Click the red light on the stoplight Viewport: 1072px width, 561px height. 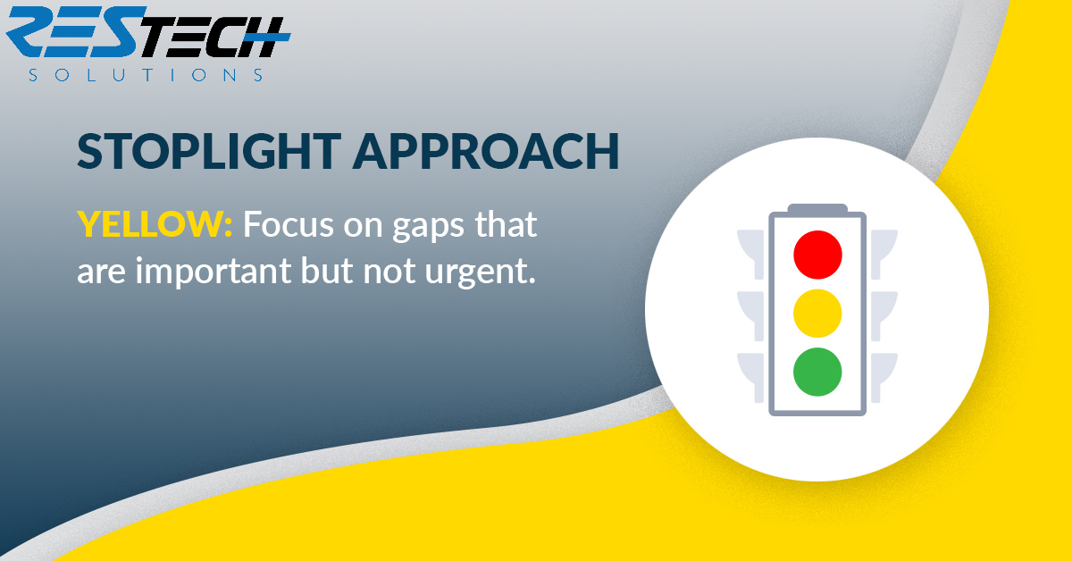coord(817,255)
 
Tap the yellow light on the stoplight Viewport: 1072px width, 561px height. coord(817,314)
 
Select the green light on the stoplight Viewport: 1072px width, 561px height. coord(817,372)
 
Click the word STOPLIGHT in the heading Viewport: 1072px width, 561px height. coord(209,151)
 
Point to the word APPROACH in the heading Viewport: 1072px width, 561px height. coord(486,151)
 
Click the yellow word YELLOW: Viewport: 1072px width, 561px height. coord(155,223)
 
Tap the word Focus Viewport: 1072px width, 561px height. coord(289,223)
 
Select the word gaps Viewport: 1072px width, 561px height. coord(428,228)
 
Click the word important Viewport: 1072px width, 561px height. coord(214,271)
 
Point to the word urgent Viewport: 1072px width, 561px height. coord(480,272)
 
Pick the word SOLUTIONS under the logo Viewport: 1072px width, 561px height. coord(146,75)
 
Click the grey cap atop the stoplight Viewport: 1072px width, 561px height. coord(817,208)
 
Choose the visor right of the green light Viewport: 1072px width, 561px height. coord(884,378)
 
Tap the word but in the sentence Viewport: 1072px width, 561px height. coord(327,270)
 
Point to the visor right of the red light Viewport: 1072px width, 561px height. coord(884,254)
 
